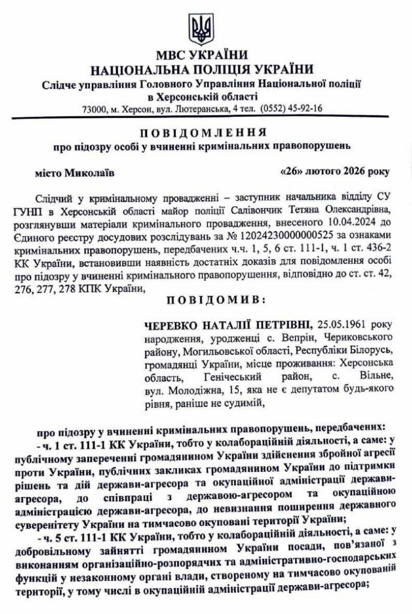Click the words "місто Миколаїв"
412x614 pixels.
click(74, 172)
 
